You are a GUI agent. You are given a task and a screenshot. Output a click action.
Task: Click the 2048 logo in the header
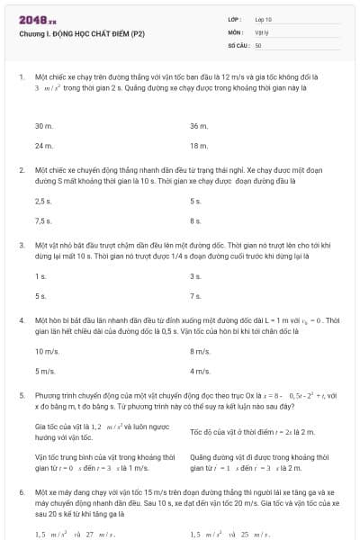pyautogui.click(x=37, y=19)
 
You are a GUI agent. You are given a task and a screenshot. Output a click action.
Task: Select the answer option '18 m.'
pyautogui.click(x=199, y=145)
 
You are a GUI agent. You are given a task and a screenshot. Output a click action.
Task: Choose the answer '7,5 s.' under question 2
pyautogui.click(x=43, y=220)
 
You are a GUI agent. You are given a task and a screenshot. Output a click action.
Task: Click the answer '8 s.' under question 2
pyautogui.click(x=195, y=220)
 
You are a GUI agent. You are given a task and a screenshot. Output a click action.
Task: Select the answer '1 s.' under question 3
pyautogui.click(x=40, y=276)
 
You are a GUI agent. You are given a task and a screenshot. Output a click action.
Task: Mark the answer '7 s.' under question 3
pyautogui.click(x=195, y=295)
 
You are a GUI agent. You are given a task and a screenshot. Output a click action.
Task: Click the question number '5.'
pyautogui.click(x=21, y=394)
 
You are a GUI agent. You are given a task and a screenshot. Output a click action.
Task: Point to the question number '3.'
pyautogui.click(x=21, y=244)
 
